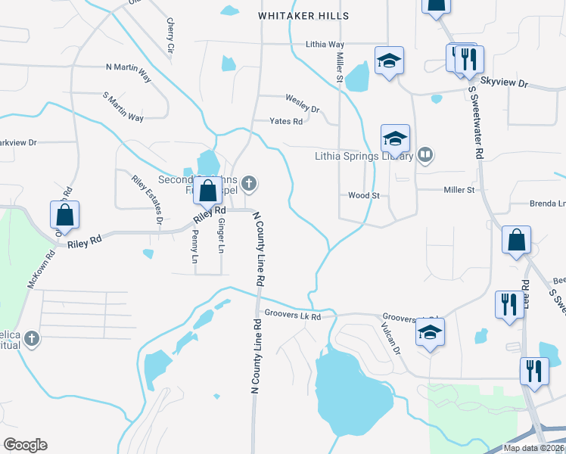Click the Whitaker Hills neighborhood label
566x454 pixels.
coord(303,15)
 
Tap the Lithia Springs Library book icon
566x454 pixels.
coord(425,156)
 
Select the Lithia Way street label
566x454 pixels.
coord(325,45)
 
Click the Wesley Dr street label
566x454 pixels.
coord(303,98)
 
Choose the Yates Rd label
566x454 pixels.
coord(287,121)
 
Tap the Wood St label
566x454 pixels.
coord(363,195)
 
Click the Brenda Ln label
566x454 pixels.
coord(548,204)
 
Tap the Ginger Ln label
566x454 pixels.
coord(220,236)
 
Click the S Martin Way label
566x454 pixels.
coord(123,107)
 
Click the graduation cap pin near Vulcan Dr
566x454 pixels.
coord(430,332)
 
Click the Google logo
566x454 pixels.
coord(25,445)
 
